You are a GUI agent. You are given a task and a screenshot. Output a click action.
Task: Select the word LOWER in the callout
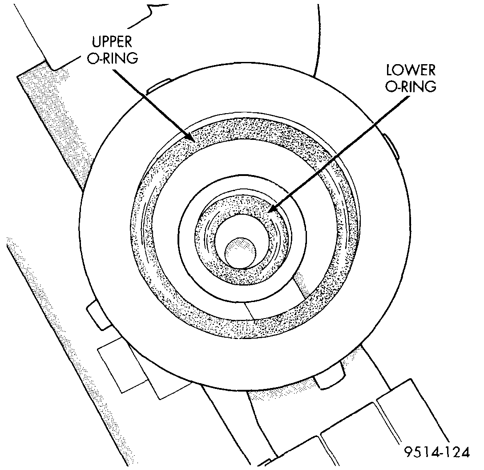(x=411, y=70)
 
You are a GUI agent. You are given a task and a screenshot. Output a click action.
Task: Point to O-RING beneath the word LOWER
(x=411, y=87)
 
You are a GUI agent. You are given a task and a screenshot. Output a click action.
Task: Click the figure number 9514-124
(x=436, y=453)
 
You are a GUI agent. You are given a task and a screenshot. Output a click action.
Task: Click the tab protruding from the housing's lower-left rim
(x=97, y=315)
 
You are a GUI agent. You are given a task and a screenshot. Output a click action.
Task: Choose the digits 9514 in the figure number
(x=421, y=453)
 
